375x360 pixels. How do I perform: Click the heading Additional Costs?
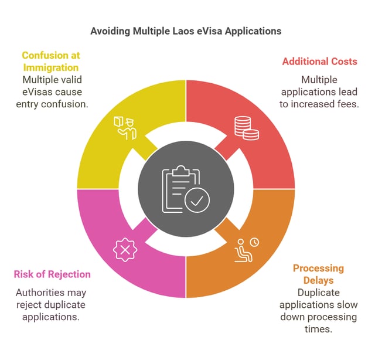319,61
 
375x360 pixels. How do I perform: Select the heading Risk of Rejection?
52,274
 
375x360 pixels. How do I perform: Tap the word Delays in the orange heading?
318,280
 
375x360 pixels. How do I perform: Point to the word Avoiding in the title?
110,30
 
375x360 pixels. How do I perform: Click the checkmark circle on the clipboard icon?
197,201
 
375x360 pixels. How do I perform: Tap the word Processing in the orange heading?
318,269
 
